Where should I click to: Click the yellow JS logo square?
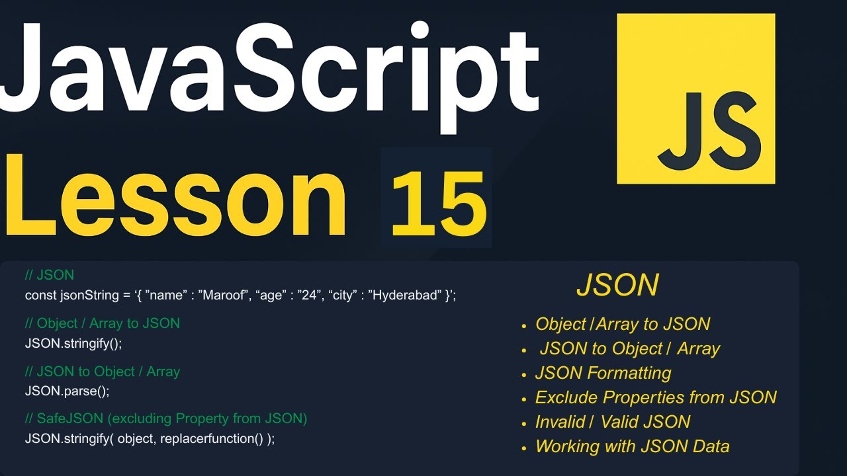coord(695,99)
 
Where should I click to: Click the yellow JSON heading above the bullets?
coord(617,285)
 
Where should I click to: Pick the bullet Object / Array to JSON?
coord(622,324)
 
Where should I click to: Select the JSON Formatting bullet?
coord(603,373)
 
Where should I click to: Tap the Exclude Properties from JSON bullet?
coord(655,397)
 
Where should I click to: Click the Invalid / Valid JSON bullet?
coord(612,422)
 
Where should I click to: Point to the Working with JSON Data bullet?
coord(632,446)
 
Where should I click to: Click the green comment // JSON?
coord(50,274)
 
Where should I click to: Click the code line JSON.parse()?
coord(67,391)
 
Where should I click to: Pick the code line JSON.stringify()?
coord(73,343)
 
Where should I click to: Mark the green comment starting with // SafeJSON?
coord(165,418)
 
